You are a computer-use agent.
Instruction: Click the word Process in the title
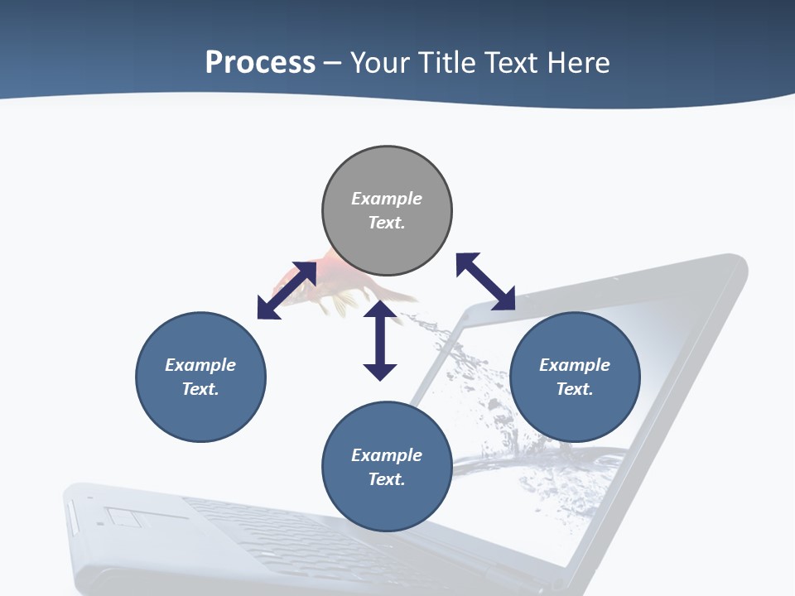pyautogui.click(x=260, y=63)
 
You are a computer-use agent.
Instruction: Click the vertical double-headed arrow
pyautogui.click(x=380, y=341)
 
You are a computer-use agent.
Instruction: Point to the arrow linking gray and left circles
pyautogui.click(x=287, y=291)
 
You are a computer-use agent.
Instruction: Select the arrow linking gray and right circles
pyautogui.click(x=485, y=281)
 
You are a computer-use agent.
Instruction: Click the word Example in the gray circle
pyautogui.click(x=387, y=199)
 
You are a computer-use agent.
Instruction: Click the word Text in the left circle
pyautogui.click(x=200, y=389)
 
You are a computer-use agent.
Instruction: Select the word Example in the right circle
pyautogui.click(x=575, y=365)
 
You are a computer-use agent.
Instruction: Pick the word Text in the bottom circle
pyautogui.click(x=387, y=479)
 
